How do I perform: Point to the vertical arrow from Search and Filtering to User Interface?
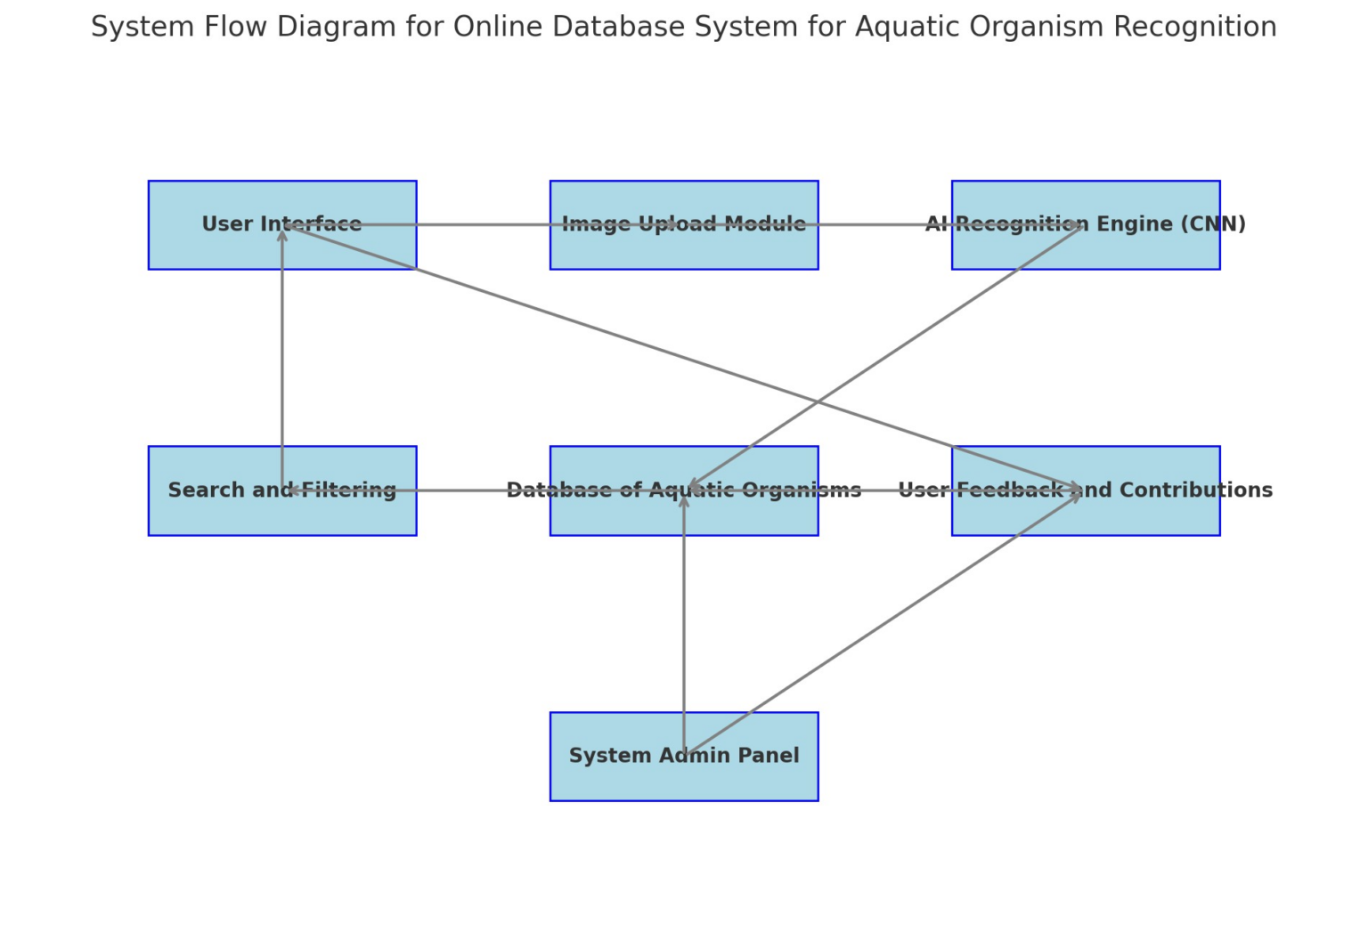282,356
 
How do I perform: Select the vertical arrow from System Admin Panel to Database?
684,623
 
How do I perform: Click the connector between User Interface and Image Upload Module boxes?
483,224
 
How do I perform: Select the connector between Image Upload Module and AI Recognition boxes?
884,224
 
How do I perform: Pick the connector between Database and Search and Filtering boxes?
483,490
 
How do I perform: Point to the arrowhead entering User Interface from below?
282,234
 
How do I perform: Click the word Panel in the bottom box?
772,756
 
